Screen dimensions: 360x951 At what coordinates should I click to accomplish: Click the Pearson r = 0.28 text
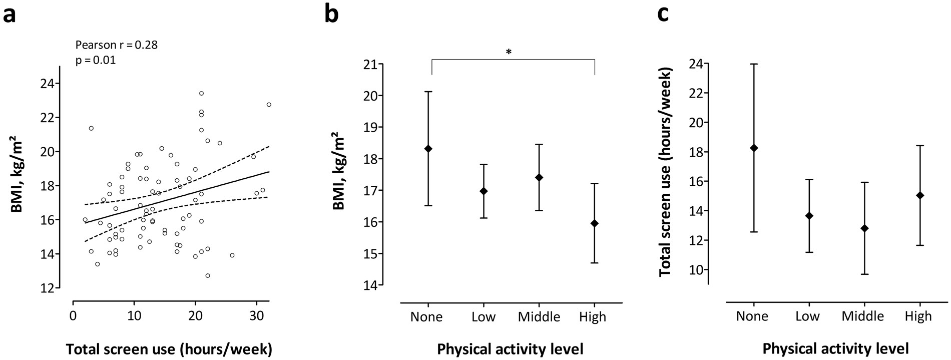pyautogui.click(x=116, y=45)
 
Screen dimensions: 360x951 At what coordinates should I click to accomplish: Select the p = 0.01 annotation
pyautogui.click(x=95, y=61)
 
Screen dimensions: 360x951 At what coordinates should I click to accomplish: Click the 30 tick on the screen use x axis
pyautogui.click(x=256, y=316)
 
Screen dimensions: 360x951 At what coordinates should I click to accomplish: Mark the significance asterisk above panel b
pyautogui.click(x=509, y=52)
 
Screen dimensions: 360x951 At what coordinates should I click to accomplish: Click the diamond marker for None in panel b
pyautogui.click(x=428, y=149)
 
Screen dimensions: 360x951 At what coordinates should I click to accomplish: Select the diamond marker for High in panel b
pyautogui.click(x=594, y=223)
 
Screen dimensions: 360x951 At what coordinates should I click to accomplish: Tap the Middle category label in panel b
pyautogui.click(x=539, y=317)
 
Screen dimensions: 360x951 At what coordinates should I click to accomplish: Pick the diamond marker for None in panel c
pyautogui.click(x=754, y=148)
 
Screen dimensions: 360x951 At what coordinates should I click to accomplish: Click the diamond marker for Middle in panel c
pyautogui.click(x=864, y=228)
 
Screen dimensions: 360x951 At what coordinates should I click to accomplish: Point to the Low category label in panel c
pyautogui.click(x=808, y=316)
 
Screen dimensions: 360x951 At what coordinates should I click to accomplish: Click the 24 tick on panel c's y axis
pyautogui.click(x=696, y=64)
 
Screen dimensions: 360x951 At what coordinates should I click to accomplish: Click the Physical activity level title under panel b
pyautogui.click(x=510, y=348)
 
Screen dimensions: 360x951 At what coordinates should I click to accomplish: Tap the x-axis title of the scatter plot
pyautogui.click(x=169, y=348)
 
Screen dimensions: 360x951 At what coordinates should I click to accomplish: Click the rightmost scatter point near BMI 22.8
pyautogui.click(x=269, y=105)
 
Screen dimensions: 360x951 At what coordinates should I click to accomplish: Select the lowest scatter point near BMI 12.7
pyautogui.click(x=207, y=276)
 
